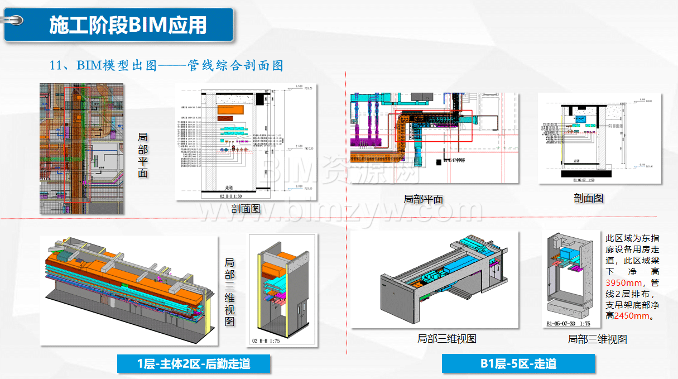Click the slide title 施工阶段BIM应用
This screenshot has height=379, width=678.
[x=128, y=25]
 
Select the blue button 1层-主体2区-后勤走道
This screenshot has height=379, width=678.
[x=194, y=364]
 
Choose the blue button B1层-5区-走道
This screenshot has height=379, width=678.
[x=518, y=364]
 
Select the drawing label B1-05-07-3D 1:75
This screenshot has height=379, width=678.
[x=568, y=323]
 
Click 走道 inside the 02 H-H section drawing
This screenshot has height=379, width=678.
[x=229, y=188]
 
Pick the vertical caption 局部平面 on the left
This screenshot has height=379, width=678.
[x=143, y=155]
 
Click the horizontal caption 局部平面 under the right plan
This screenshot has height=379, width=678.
[x=423, y=199]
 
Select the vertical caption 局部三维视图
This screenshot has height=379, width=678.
[x=229, y=291]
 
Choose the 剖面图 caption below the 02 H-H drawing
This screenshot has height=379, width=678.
[x=246, y=209]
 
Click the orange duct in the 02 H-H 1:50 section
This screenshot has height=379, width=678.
[x=232, y=112]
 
